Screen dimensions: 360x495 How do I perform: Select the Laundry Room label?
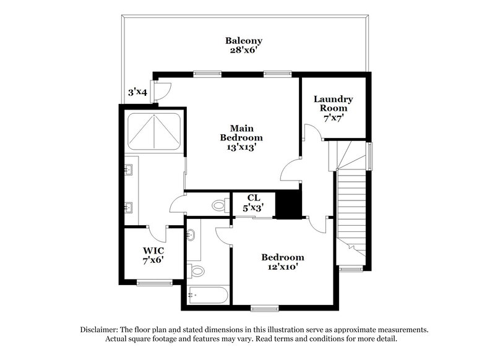(x=333, y=103)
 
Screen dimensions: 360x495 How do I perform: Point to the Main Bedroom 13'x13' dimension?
(x=241, y=147)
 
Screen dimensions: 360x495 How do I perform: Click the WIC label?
(x=153, y=251)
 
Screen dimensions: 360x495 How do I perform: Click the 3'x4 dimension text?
(x=137, y=92)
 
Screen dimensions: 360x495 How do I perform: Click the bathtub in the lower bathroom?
(x=208, y=296)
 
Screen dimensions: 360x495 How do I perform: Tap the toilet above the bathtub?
(x=197, y=270)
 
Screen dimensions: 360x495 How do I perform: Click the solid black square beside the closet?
(x=286, y=204)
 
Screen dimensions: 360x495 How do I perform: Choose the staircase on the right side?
(x=352, y=204)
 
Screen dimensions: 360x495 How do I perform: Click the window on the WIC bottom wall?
(x=154, y=283)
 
